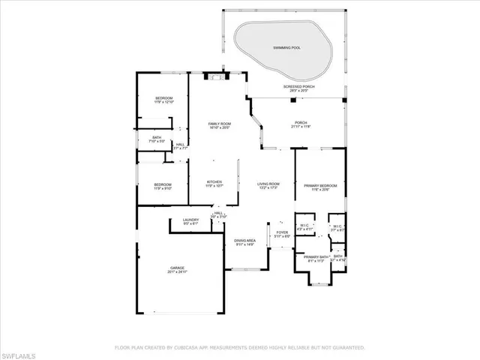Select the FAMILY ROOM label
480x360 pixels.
(219, 123)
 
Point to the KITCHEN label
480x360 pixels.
(214, 181)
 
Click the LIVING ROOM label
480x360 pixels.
(268, 184)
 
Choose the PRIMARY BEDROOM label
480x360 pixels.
(320, 185)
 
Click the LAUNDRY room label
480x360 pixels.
(190, 220)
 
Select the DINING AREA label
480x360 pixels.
(245, 240)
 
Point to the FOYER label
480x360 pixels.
(282, 232)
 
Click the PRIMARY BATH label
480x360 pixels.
(314, 256)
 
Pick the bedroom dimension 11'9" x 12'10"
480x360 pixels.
(164, 103)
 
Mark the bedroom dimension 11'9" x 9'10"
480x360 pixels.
(163, 189)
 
